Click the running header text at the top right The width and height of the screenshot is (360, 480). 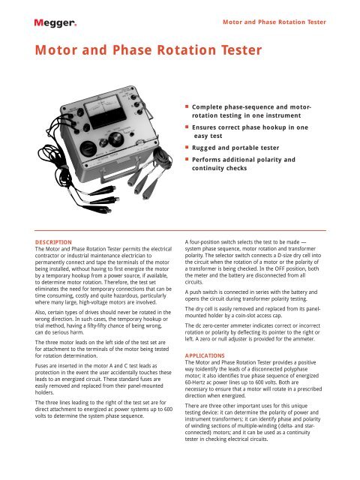275,22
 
